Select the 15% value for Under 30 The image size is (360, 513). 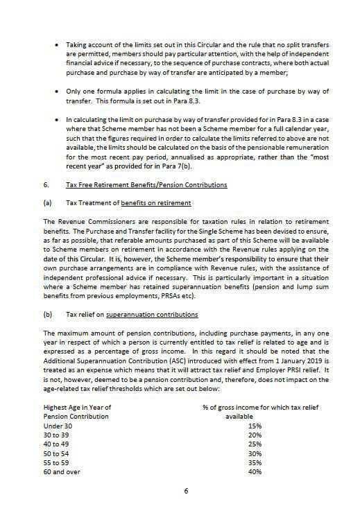[255, 425]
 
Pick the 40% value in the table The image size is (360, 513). [255, 471]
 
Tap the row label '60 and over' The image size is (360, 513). [60, 471]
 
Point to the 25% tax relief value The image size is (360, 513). [255, 444]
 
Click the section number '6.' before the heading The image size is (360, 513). [46, 185]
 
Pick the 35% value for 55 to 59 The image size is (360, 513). [255, 462]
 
